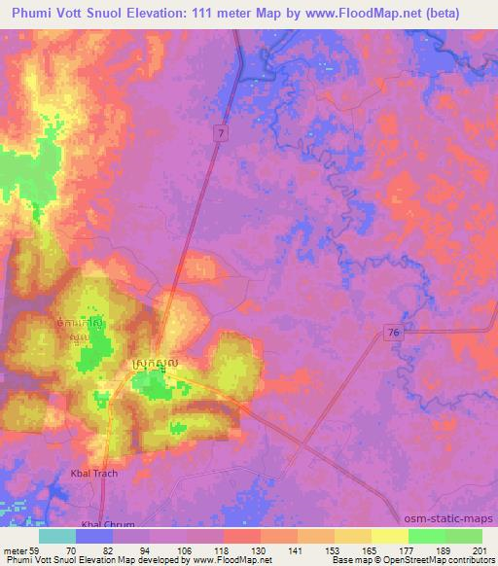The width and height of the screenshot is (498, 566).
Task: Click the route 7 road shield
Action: [x=221, y=131]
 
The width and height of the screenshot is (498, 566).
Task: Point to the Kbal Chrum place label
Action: [x=104, y=523]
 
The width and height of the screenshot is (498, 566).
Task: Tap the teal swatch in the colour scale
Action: [x=57, y=537]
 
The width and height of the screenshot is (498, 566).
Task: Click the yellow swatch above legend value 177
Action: [x=390, y=537]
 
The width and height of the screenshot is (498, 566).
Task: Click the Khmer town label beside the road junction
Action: [x=153, y=364]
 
